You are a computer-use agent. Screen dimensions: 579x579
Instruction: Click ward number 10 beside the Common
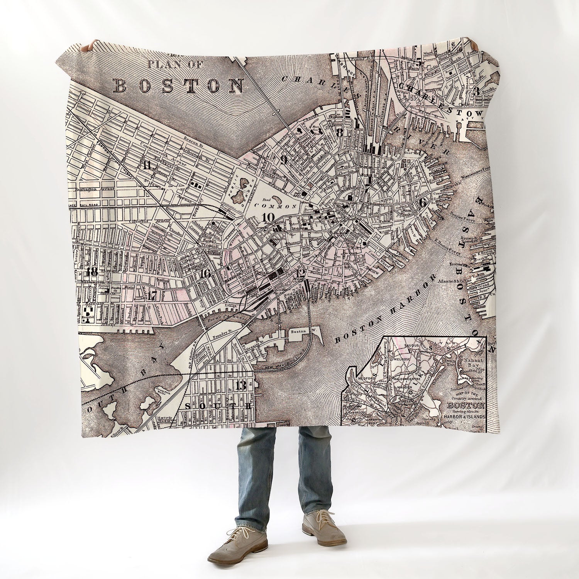pyautogui.click(x=267, y=217)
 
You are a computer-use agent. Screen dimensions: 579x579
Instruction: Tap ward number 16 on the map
pyautogui.click(x=205, y=274)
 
